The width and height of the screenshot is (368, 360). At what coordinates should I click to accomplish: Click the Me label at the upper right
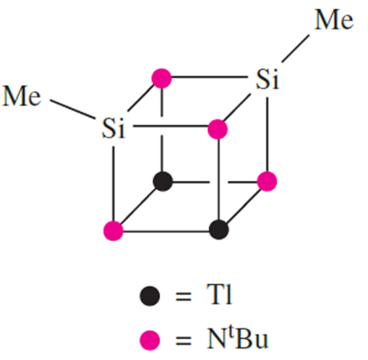point(334,20)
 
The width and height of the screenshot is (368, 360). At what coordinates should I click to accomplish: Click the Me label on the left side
point(22,96)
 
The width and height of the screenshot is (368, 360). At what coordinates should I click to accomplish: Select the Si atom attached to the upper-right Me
point(267,79)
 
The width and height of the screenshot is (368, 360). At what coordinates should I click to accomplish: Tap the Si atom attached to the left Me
point(113,128)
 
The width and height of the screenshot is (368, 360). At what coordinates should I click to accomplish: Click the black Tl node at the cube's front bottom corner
point(219,229)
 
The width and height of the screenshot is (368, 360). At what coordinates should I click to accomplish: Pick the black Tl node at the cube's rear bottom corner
point(163,181)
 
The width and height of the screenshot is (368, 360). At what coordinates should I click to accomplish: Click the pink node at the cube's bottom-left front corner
point(113,230)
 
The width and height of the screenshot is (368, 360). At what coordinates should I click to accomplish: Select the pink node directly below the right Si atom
point(267,181)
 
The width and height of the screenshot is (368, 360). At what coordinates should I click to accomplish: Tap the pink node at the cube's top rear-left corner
point(161,78)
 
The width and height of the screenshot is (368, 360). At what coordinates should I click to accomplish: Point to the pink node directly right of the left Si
point(218,130)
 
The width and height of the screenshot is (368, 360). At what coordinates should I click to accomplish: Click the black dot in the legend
point(149,296)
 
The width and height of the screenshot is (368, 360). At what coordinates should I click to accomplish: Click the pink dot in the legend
point(149,340)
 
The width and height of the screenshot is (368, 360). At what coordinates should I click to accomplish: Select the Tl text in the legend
point(220,294)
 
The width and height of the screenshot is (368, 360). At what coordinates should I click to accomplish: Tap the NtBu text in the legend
point(237,339)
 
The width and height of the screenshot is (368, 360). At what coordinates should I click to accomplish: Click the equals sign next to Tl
point(183,296)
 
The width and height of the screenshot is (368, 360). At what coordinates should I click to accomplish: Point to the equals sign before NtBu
point(183,340)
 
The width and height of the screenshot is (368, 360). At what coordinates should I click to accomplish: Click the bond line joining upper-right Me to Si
point(295,49)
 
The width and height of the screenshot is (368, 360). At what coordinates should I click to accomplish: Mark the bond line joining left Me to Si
point(72,109)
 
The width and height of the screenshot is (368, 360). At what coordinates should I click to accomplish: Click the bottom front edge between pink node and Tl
point(166,231)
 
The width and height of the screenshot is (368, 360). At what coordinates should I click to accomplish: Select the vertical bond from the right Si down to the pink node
point(267,133)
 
